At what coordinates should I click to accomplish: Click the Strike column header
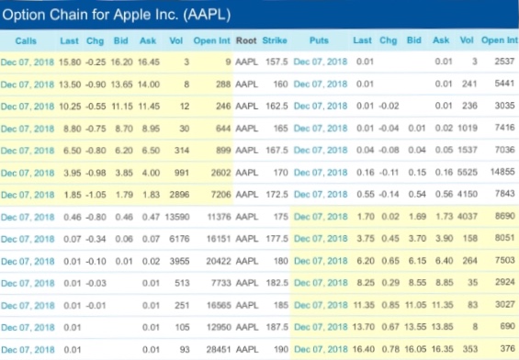tap(275, 40)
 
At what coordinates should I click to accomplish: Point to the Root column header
tap(245, 40)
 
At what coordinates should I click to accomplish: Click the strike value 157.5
tap(276, 62)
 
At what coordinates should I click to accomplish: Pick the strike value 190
tap(279, 349)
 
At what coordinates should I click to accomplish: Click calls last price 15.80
tap(71, 62)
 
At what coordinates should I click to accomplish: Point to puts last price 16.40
tap(365, 349)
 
